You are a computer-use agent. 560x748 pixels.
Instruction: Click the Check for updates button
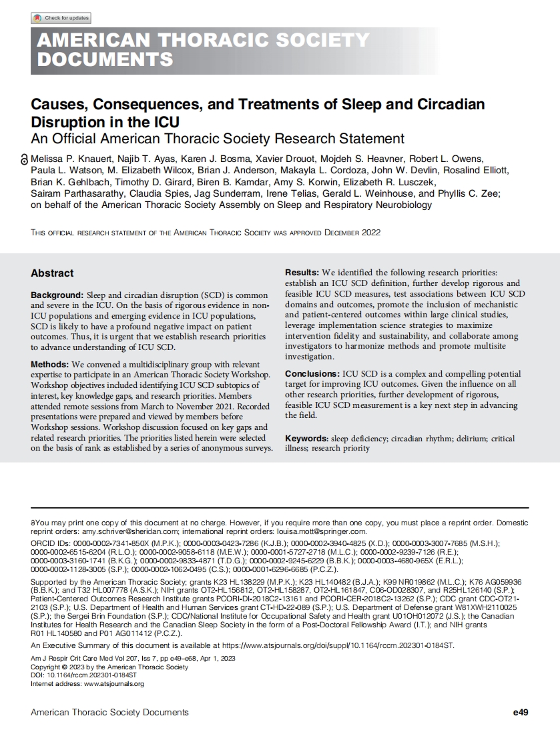point(61,18)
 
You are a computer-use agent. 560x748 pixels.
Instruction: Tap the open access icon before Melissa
point(25,160)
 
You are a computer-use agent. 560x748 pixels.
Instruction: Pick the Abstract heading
point(52,273)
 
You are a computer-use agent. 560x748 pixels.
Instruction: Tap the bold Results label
point(302,273)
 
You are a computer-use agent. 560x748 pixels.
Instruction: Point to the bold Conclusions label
point(312,375)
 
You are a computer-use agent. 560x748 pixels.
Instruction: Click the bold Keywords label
point(306,439)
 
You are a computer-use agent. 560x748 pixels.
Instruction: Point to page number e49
point(520,713)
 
